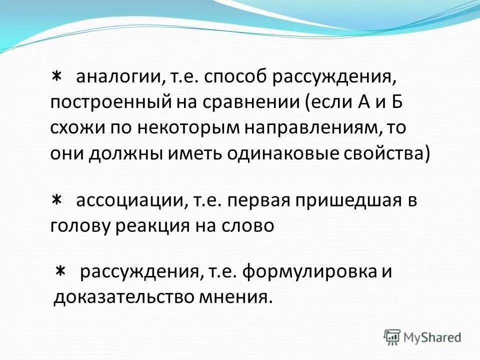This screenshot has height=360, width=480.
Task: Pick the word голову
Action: [81, 226]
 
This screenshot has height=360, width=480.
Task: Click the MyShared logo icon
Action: [392, 336]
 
